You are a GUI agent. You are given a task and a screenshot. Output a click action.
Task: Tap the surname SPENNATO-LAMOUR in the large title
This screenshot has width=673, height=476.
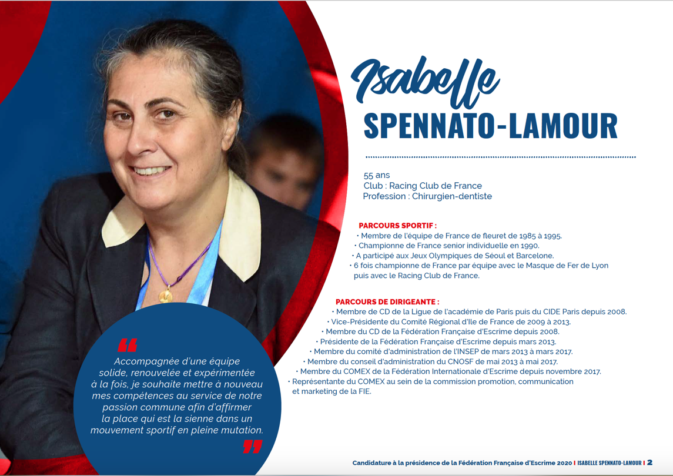490,125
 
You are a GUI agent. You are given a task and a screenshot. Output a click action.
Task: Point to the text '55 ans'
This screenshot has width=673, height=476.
376,175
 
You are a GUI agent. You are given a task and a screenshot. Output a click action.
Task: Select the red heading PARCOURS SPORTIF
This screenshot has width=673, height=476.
397,225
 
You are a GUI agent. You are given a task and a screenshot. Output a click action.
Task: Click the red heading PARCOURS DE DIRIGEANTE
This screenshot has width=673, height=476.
387,301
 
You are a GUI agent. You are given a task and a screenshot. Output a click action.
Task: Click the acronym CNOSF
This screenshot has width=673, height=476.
474,361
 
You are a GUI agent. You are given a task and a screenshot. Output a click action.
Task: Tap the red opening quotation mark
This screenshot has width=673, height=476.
127,344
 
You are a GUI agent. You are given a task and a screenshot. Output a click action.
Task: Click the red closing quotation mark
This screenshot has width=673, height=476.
252,447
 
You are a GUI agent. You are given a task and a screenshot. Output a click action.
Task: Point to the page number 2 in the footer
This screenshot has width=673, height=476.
649,462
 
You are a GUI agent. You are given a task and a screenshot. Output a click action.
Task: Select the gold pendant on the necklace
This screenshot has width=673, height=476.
166,295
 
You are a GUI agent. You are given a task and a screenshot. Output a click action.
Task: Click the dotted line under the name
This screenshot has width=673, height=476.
500,157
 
